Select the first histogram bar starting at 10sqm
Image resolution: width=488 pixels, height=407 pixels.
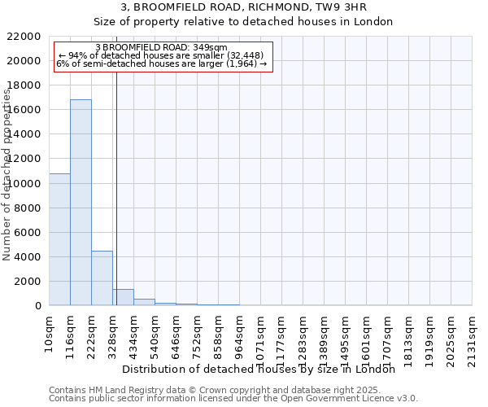[x=59, y=239]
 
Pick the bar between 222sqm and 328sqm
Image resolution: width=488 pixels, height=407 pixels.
[x=102, y=278]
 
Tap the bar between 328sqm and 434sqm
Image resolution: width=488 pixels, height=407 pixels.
[x=123, y=297]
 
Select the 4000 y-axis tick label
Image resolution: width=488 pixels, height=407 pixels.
[x=28, y=257]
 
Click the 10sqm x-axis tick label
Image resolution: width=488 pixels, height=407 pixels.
[x=50, y=332]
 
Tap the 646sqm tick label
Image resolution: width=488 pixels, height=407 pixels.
[x=176, y=335]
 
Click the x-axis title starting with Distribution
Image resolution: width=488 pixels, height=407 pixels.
[x=264, y=369]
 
